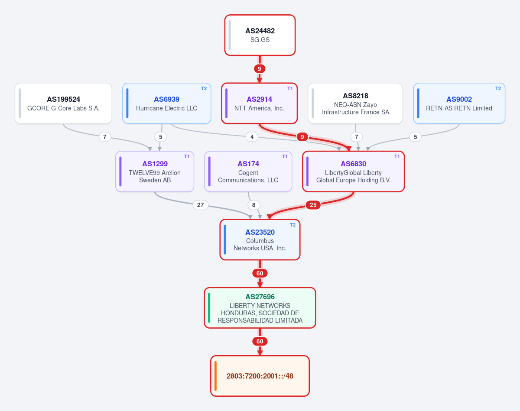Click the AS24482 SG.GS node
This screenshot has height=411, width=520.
260,35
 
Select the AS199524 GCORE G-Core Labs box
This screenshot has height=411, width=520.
63,104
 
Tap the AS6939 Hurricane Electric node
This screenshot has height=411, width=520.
167,104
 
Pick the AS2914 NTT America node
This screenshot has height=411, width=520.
259,104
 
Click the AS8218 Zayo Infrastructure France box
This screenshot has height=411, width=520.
355,104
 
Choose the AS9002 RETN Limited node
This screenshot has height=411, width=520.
459,104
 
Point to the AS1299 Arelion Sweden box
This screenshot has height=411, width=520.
155,172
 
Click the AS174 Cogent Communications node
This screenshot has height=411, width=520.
248,172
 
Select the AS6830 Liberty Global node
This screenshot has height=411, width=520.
353,172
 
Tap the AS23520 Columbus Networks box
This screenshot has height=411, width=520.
260,239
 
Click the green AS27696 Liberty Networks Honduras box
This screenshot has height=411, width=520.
260,308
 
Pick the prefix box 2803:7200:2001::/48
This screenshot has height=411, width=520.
260,376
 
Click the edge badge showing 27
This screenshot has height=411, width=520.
200,205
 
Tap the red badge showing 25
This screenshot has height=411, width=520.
313,205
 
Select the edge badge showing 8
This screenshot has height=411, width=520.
254,205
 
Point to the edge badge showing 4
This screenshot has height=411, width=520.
252,137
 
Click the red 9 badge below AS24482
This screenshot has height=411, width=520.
260,69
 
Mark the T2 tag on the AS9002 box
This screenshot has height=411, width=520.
498,88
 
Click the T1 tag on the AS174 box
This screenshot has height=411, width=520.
285,156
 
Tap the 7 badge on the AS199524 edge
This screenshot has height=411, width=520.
104,137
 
